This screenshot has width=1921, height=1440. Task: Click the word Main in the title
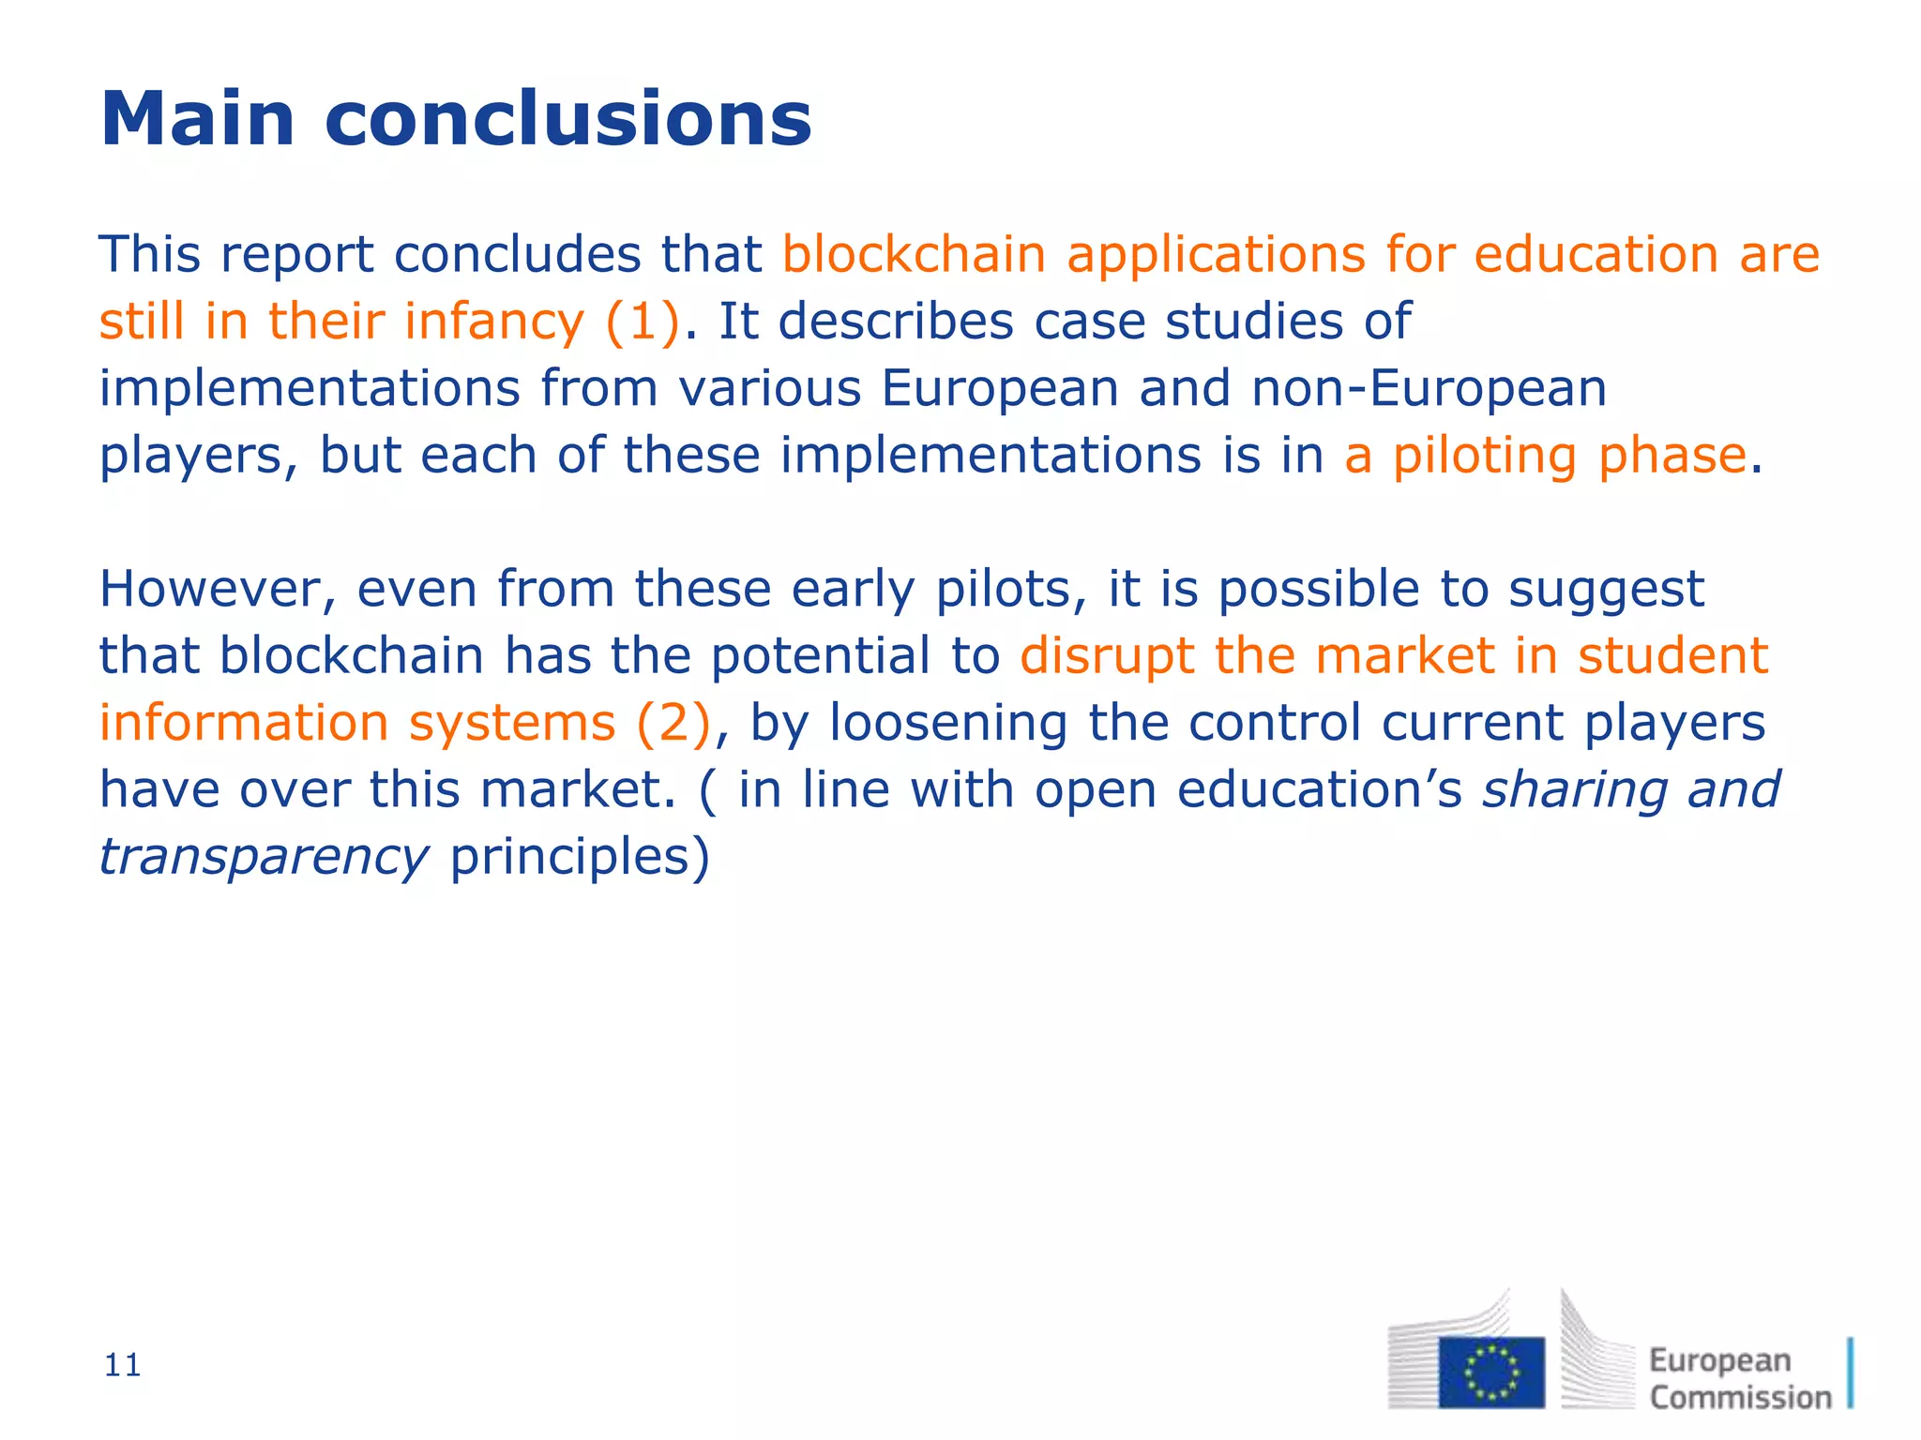[x=198, y=119]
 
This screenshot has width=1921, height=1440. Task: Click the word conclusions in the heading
[x=567, y=119]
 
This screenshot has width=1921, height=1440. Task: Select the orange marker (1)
[x=643, y=322]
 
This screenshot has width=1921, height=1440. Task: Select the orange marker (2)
[x=673, y=723]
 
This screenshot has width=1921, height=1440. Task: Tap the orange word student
[x=1672, y=655]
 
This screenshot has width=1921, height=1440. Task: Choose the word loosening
[x=948, y=723]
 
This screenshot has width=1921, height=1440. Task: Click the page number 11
[x=123, y=1366]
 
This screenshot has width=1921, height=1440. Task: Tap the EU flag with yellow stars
[x=1491, y=1372]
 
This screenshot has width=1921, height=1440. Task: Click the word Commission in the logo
[x=1740, y=1397]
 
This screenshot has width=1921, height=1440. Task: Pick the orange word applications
[x=1216, y=255]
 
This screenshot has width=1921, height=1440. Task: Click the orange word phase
[x=1671, y=457]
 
